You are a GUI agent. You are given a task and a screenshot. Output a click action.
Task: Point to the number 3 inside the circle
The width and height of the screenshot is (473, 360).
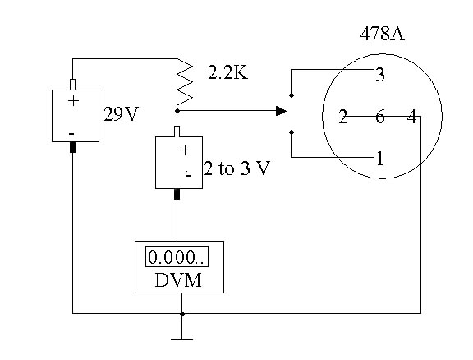(379, 76)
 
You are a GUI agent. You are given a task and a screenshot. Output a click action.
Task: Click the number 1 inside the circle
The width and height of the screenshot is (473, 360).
(379, 159)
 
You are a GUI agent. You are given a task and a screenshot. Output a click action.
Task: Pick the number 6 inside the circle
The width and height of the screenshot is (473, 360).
(379, 117)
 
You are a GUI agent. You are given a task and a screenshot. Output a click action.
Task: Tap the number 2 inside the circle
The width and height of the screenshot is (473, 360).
(343, 117)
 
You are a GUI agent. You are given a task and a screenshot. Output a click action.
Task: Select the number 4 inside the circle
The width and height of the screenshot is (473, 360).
(411, 117)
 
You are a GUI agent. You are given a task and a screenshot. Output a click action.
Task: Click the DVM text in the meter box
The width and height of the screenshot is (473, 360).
(177, 280)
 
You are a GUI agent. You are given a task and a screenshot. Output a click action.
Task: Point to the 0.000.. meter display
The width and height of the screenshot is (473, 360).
(177, 257)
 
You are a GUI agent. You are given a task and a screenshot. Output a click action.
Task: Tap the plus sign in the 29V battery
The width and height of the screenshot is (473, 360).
(73, 101)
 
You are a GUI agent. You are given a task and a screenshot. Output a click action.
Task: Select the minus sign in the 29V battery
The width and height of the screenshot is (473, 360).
(72, 132)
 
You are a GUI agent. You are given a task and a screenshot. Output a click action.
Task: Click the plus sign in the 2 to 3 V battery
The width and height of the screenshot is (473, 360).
(185, 149)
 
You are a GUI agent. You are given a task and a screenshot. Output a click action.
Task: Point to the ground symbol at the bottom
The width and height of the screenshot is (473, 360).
(181, 338)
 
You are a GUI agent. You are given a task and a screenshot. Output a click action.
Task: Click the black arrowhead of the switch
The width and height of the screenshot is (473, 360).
(281, 110)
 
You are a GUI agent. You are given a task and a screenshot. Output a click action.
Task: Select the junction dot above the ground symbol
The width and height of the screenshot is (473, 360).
(181, 313)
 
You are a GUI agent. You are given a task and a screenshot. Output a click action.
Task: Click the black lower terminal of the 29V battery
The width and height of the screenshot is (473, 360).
(72, 148)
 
